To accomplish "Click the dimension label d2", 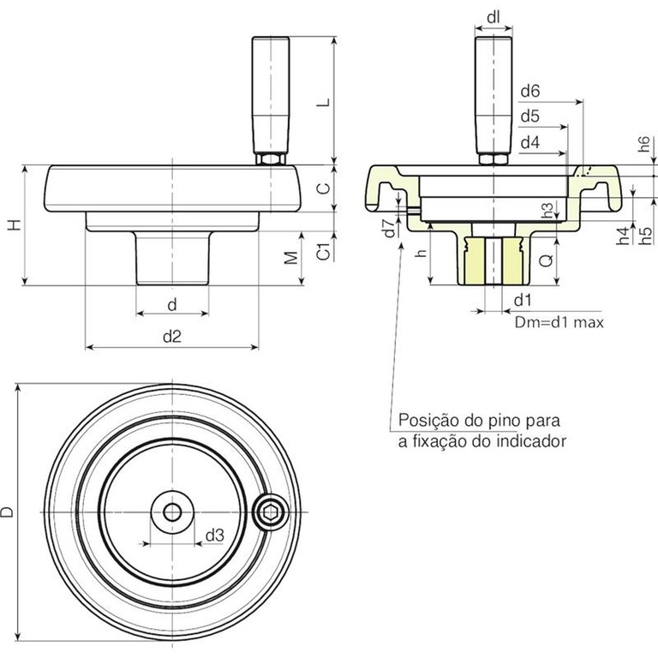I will click(171, 337).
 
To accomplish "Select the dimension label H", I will click(14, 225).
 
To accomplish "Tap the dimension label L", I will click(322, 102).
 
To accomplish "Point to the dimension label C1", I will click(323, 252).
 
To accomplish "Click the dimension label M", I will click(291, 257).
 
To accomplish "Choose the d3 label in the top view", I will click(214, 535).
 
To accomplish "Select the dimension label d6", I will click(529, 90).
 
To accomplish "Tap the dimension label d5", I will click(529, 116).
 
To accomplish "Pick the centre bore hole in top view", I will click(171, 511).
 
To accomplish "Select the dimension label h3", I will click(548, 209).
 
